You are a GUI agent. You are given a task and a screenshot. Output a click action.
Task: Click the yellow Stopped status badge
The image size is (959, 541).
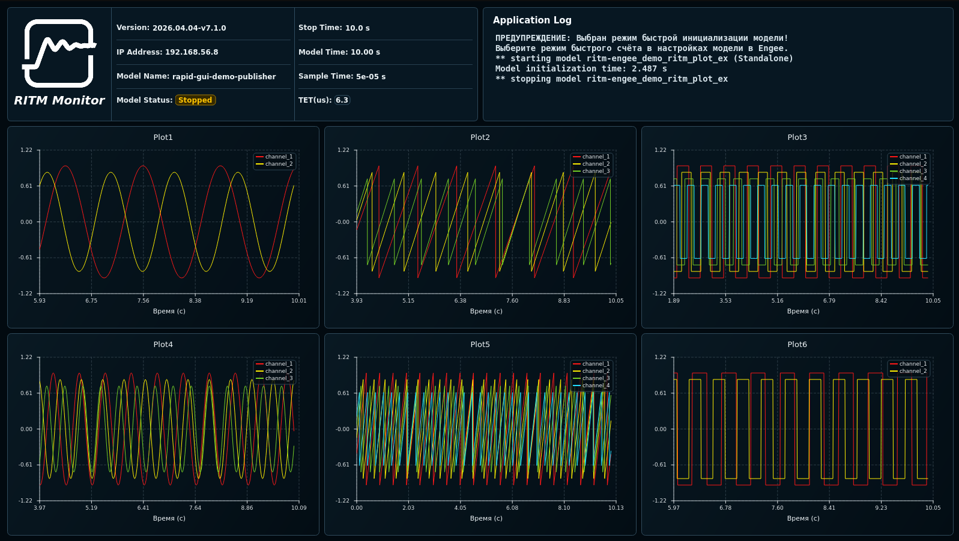coord(195,100)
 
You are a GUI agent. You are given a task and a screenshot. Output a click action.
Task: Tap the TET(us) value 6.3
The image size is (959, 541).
coord(342,100)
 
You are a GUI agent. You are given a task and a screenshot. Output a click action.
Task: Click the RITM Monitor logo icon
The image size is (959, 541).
coord(59,53)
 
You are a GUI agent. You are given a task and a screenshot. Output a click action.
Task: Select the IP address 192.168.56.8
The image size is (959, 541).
coord(192,52)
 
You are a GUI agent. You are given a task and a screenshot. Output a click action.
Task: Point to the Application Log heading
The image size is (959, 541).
coord(532,20)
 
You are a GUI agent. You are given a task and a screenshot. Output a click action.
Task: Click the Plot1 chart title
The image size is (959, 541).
coord(163,138)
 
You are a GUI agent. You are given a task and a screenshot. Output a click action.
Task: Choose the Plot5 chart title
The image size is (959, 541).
coord(480,345)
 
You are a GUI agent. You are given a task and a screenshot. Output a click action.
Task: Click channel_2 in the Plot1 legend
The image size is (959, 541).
coord(279,164)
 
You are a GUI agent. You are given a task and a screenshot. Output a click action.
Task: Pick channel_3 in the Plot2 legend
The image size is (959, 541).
coord(596,171)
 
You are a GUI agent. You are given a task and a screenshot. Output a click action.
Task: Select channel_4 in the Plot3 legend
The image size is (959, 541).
coord(913,178)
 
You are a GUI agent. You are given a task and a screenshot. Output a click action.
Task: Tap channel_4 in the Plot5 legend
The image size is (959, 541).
coord(596,385)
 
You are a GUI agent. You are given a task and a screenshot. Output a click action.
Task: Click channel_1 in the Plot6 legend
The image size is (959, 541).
coord(913,364)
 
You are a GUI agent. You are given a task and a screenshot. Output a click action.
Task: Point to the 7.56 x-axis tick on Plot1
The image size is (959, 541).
coord(143,300)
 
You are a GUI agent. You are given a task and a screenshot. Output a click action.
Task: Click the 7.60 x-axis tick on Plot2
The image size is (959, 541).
coord(512,300)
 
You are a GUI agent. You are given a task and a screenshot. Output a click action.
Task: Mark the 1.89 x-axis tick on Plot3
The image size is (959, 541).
coord(673,300)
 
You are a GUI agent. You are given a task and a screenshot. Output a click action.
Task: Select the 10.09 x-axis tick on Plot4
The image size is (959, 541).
coord(299,507)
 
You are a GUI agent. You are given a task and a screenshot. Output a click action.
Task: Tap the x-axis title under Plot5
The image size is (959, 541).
coord(486,518)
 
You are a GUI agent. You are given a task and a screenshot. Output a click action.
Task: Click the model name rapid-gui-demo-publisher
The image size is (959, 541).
coord(224,77)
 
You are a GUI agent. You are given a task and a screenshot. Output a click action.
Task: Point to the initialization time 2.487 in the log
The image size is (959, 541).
coord(644,68)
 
